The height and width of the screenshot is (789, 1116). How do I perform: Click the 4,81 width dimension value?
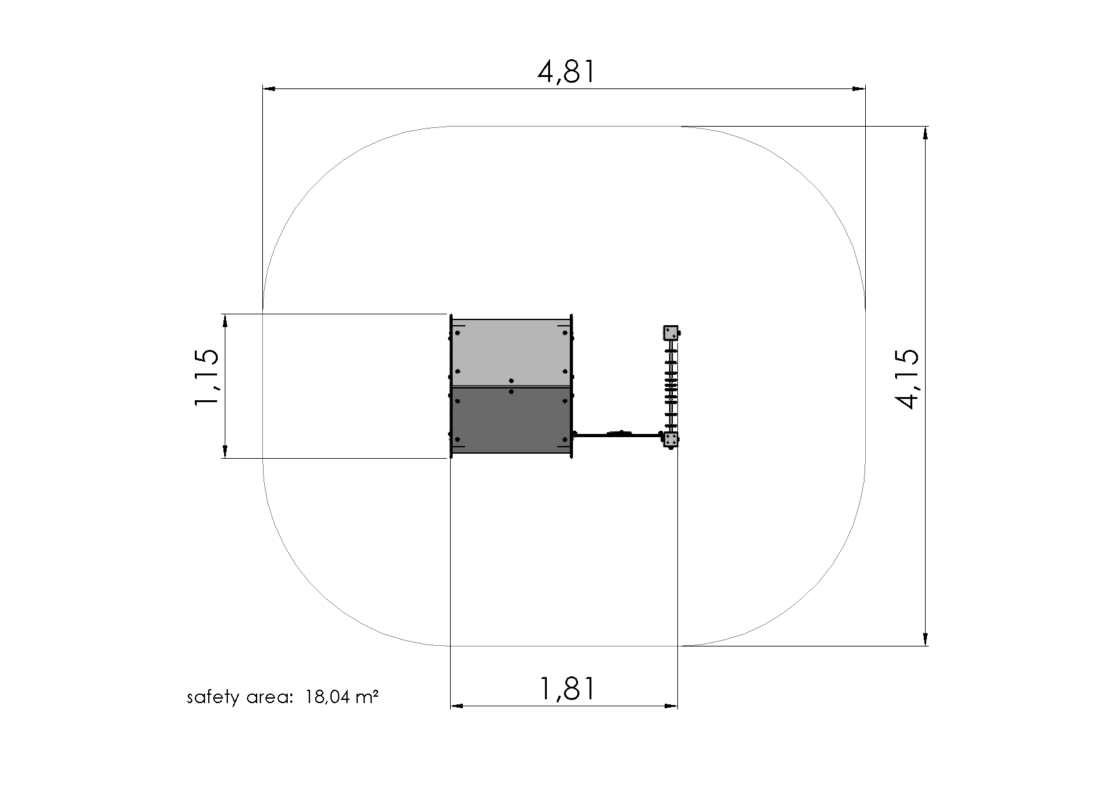click(567, 71)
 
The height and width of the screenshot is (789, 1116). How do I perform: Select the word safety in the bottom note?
click(213, 698)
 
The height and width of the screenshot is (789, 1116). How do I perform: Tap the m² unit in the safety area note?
click(367, 697)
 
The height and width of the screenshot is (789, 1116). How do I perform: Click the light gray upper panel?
click(511, 353)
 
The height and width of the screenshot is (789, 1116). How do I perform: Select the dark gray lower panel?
click(511, 420)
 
